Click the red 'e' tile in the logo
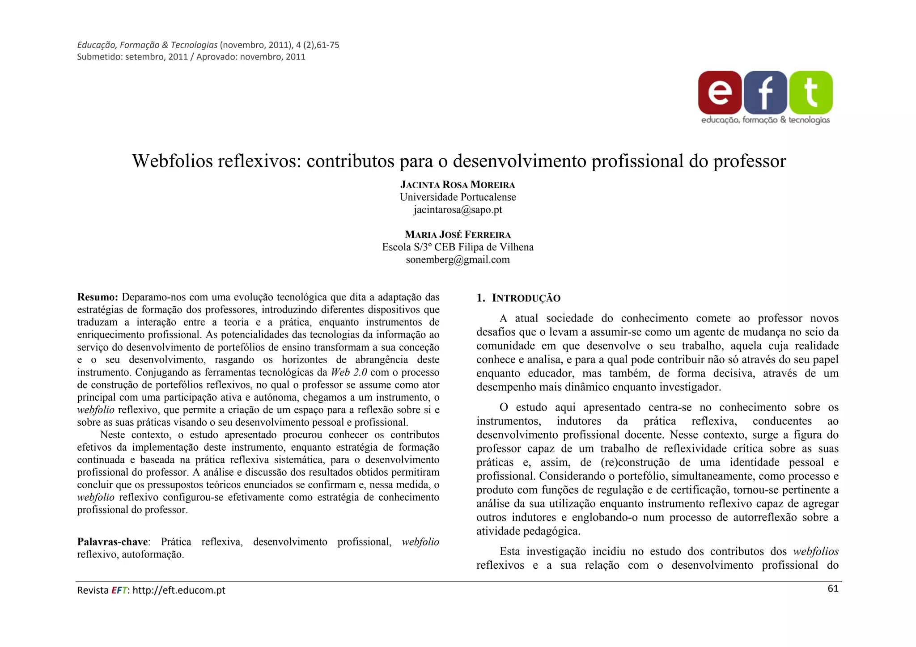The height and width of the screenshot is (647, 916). tap(720, 92)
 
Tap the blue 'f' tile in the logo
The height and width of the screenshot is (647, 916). tap(765, 92)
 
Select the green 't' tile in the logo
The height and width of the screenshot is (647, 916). tap(811, 92)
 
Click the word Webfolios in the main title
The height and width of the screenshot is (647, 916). tap(172, 161)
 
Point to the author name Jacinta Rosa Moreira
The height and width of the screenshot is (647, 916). tap(458, 185)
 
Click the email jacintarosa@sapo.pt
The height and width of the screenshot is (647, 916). tap(458, 210)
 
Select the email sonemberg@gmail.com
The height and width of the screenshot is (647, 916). tap(458, 260)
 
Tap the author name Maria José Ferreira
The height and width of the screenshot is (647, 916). tap(458, 235)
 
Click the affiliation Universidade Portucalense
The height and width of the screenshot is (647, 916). tap(458, 197)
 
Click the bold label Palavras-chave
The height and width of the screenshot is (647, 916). tap(113, 542)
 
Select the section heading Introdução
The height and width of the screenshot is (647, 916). tap(526, 298)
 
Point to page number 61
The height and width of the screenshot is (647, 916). tap(833, 589)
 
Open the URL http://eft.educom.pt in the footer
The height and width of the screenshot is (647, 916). tap(179, 590)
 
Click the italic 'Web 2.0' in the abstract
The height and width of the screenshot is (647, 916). tap(349, 372)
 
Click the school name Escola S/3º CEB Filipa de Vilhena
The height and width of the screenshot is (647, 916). tap(458, 247)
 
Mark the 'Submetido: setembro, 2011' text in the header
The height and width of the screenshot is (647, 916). tap(132, 57)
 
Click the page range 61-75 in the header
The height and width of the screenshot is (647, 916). tap(328, 45)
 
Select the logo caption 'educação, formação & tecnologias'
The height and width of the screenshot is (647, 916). tap(765, 120)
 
